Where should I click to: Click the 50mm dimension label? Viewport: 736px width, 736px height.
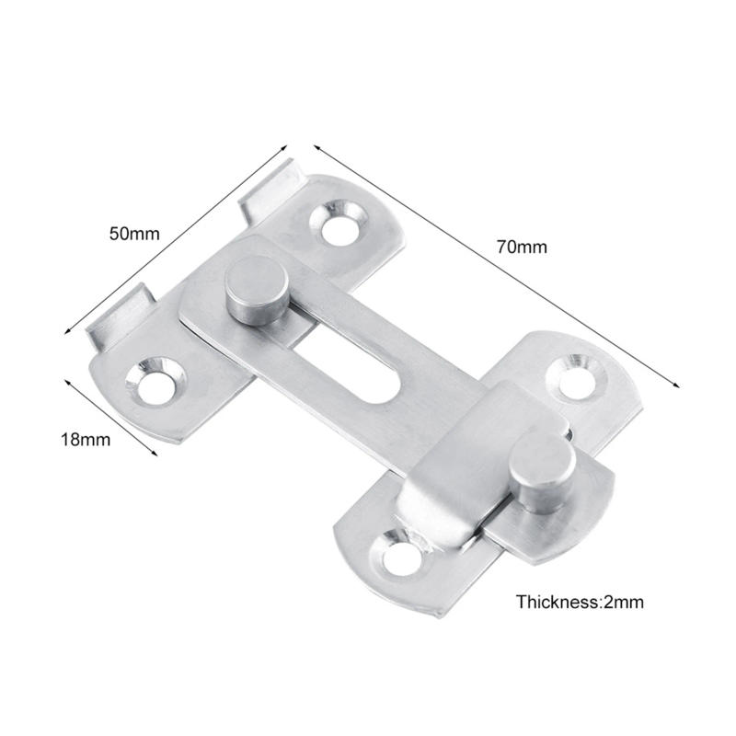(x=134, y=233)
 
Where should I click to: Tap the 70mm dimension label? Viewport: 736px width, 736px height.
(x=522, y=246)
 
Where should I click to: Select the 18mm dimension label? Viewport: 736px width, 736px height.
(x=85, y=439)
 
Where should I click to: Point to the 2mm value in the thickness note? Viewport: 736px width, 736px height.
(x=622, y=603)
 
